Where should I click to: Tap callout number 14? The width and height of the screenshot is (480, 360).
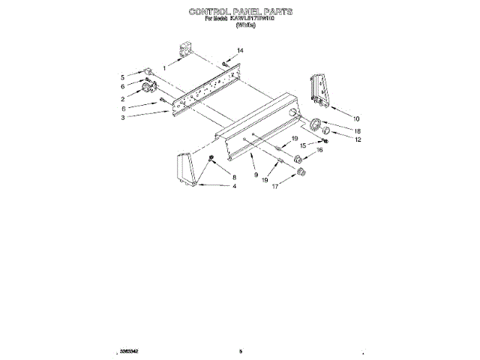[240, 51]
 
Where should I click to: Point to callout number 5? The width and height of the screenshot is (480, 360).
[122, 77]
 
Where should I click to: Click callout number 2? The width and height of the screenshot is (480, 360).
[122, 99]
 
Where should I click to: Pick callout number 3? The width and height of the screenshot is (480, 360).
[122, 118]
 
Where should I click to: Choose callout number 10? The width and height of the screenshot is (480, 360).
[356, 118]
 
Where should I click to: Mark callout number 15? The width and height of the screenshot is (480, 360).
[303, 146]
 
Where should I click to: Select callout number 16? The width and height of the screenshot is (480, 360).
[319, 151]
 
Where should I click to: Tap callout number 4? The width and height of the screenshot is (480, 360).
[234, 186]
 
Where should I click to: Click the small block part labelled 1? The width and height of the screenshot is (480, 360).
[184, 51]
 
